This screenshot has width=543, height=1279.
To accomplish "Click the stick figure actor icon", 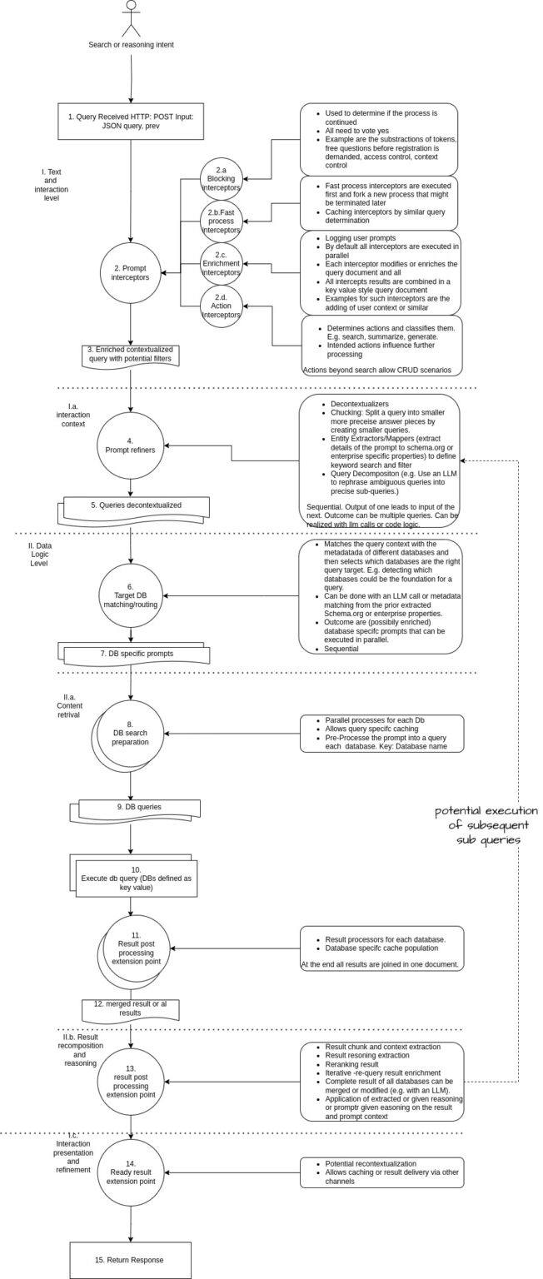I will (x=130, y=18).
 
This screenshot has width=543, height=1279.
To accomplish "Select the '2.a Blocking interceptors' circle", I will (x=222, y=177).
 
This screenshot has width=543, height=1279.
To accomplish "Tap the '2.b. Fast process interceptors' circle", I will (x=222, y=220).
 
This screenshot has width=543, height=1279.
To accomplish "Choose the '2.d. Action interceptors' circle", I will (x=222, y=306).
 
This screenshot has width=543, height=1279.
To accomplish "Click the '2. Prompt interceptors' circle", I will (x=130, y=271).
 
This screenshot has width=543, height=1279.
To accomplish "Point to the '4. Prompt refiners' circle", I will (x=130, y=445).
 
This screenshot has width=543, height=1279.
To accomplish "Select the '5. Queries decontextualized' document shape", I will (x=135, y=506).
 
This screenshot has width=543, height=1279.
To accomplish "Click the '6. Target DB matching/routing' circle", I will (x=130, y=574).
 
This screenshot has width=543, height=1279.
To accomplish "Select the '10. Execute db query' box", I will (x=134, y=878).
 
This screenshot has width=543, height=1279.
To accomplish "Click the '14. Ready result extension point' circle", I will (x=131, y=1173).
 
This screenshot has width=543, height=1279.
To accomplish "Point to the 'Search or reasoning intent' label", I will (x=130, y=44).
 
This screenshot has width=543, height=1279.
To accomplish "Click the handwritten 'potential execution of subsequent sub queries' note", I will (x=486, y=824).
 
